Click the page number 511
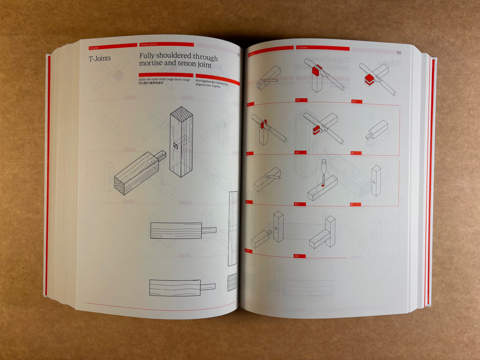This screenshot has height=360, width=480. click(x=399, y=52)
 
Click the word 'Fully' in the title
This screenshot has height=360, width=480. click(x=146, y=55)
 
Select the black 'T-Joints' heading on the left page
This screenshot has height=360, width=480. click(x=100, y=58)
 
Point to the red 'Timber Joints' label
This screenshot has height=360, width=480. click(x=148, y=45)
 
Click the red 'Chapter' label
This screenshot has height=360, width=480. click(x=94, y=48)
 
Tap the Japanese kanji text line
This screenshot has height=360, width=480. click(x=151, y=83)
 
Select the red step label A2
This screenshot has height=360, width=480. click(x=298, y=100)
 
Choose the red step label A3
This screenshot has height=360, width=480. click(x=354, y=102)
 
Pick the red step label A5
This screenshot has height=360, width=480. click(x=297, y=153)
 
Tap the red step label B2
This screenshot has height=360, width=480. click(x=297, y=204)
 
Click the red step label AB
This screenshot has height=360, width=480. click(x=296, y=256)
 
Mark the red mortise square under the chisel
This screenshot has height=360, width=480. click(x=323, y=186)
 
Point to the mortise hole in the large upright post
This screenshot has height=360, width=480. click(x=176, y=145)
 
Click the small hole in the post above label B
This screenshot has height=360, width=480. click(x=374, y=182)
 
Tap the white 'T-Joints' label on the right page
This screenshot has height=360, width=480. click(x=302, y=48)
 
